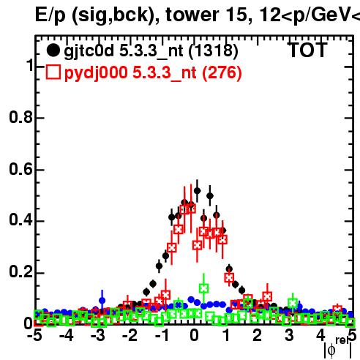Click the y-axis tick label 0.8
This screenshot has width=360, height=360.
pos(20,117)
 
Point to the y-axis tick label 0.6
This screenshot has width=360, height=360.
pos(20,169)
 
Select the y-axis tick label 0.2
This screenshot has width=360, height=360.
pos(20,271)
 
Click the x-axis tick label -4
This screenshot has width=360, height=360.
pos(67,335)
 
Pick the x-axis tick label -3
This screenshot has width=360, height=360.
pos(98,335)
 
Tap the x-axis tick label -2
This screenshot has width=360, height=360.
pos(130,335)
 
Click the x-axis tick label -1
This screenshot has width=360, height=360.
pos(162,335)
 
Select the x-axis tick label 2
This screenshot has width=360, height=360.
pos(258,335)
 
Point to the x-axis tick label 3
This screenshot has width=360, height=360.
pos(289,335)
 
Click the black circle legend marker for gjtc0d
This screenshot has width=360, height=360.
pos(53,50)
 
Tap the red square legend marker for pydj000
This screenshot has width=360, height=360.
pos(53,72)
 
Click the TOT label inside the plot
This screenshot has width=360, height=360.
pos(307,50)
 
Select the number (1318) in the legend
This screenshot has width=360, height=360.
pos(213,51)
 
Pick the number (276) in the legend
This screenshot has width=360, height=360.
pos(222,72)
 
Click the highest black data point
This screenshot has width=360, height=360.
pos(197,191)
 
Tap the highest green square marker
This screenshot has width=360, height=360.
pos(203,288)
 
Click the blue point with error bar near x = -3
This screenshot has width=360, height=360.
pos(102,301)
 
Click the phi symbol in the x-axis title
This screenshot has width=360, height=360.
pos(331,350)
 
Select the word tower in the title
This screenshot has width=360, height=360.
pos(192,15)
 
